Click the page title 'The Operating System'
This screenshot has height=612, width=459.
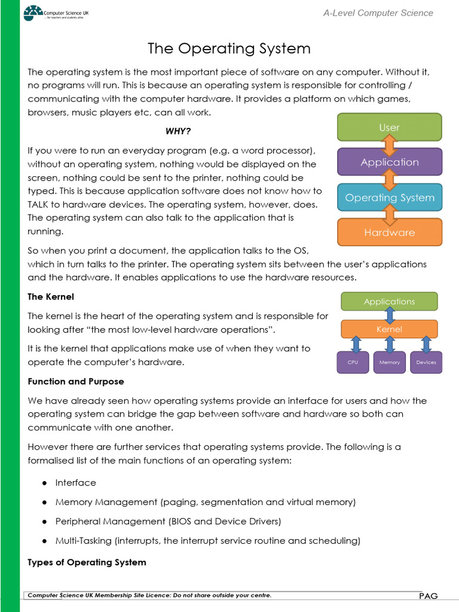click(x=229, y=48)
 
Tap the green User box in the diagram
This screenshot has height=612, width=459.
click(x=389, y=127)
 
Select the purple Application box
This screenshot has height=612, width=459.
click(x=389, y=162)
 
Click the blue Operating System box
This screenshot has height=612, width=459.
click(x=389, y=198)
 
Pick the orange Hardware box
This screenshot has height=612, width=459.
click(x=389, y=232)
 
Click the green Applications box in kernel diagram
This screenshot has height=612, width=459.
click(x=389, y=302)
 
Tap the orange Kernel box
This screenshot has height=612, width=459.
click(x=389, y=329)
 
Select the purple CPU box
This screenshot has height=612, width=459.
click(x=353, y=362)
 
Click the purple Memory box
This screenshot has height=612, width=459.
click(x=389, y=362)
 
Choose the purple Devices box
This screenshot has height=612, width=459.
click(x=426, y=362)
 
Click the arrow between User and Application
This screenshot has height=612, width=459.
click(x=390, y=145)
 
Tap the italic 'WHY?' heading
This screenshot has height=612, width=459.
click(x=178, y=131)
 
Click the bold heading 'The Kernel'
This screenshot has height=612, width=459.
click(x=51, y=296)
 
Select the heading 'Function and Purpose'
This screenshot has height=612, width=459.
click(x=76, y=381)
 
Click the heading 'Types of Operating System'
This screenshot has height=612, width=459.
click(x=87, y=562)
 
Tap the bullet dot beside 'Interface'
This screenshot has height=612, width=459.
click(x=44, y=483)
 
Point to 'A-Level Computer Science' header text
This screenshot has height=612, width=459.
click(x=378, y=13)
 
